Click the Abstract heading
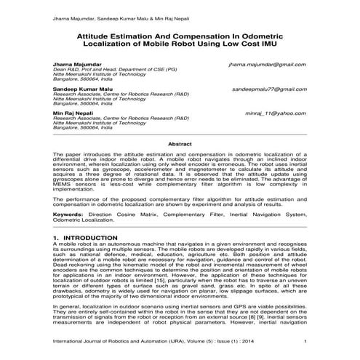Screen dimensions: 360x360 [180, 145]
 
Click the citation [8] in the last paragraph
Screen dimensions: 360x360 [262, 321]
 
